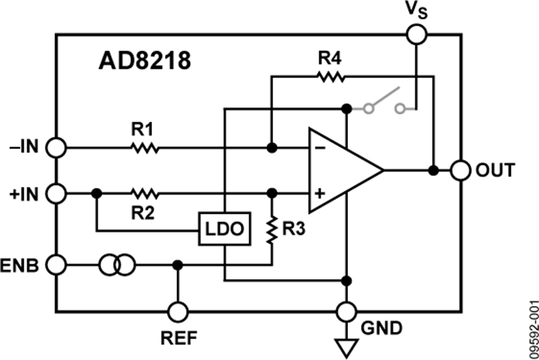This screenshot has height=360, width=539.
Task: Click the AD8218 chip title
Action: point(144,60)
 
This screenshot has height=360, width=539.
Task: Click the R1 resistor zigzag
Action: point(145,148)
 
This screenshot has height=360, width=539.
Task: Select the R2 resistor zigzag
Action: point(145,194)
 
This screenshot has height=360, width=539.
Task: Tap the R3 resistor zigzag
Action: point(272,230)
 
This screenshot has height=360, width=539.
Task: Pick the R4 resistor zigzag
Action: point(330,76)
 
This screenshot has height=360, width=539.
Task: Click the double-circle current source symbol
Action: point(117,265)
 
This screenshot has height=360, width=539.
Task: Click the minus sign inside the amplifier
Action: point(320,148)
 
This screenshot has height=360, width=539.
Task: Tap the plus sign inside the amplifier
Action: point(320,194)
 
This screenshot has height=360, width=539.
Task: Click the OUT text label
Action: point(495,170)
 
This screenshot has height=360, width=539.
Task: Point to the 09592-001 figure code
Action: point(533,330)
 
